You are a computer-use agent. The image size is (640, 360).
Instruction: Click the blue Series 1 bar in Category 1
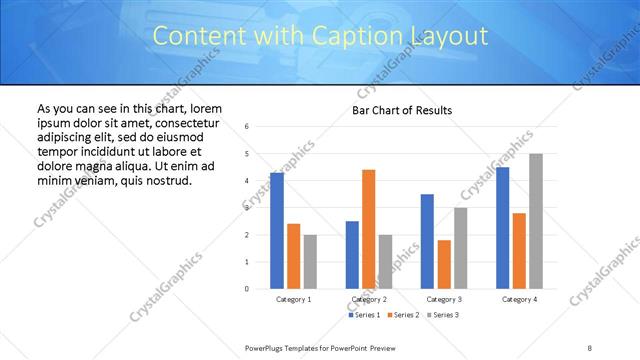tap(276, 231)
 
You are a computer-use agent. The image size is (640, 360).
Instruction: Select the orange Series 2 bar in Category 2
tap(368, 229)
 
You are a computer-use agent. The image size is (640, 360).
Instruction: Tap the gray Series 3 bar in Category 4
tap(536, 221)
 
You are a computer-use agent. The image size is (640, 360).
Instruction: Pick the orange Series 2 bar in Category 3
tap(444, 264)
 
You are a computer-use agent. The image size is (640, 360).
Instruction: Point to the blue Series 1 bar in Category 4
tap(502, 228)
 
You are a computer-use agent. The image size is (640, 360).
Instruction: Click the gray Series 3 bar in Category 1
tap(310, 262)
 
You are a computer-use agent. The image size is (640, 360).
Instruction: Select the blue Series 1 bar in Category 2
tap(352, 255)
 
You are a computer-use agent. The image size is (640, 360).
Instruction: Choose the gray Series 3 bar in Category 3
tap(460, 248)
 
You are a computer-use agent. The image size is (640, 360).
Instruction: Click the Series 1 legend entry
tap(364, 315)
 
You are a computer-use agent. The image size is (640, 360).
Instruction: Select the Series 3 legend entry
tap(442, 315)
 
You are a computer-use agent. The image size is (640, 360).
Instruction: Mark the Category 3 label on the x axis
tap(444, 299)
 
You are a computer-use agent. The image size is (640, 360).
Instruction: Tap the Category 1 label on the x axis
tap(293, 299)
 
